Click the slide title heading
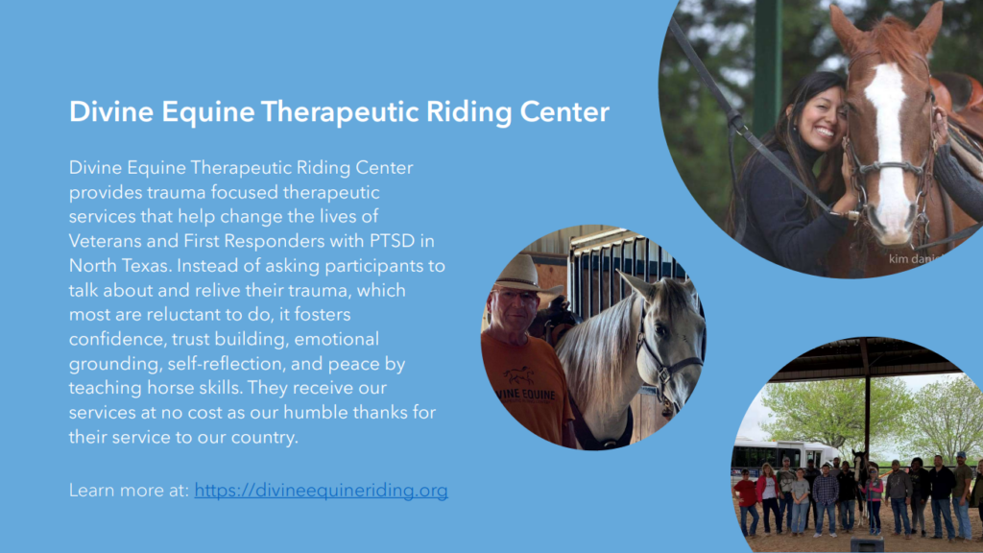tap(339, 112)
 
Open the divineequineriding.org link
tap(321, 491)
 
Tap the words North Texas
tap(119, 266)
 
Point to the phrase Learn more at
tap(129, 491)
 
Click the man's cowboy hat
tap(519, 276)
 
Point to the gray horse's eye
tap(660, 330)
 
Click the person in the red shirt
tap(747, 501)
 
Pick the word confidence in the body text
tap(117, 339)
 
